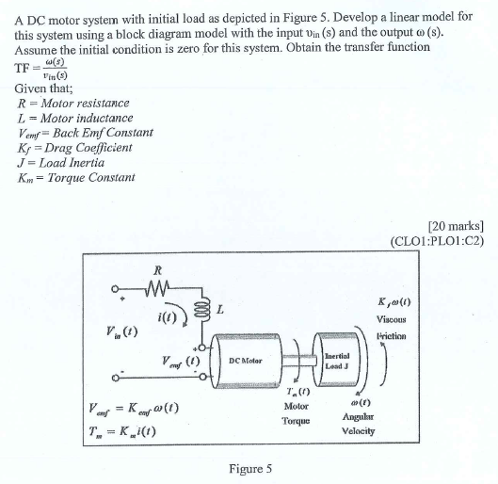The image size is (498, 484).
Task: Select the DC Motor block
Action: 247,361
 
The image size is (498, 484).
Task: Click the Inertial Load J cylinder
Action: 339,360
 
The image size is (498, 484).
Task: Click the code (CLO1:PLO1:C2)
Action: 437,239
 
